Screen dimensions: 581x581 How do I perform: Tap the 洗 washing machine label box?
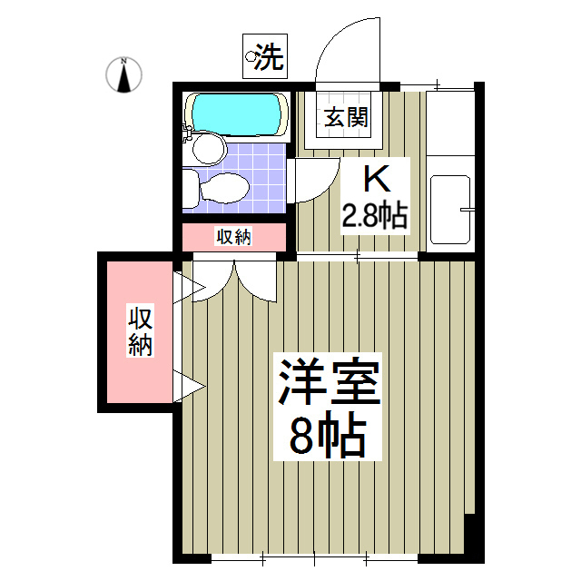[x=264, y=57]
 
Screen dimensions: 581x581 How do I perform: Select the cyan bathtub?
[x=236, y=113]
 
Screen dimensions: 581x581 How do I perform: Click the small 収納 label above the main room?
[x=234, y=238]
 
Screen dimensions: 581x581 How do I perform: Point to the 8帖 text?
[x=328, y=438]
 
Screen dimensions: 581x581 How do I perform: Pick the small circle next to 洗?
[x=250, y=59]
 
